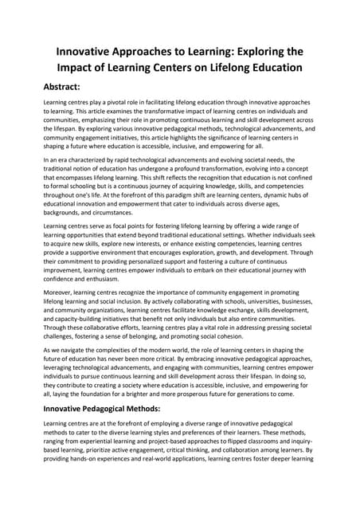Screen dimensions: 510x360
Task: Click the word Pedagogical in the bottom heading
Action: [x=116, y=407]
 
